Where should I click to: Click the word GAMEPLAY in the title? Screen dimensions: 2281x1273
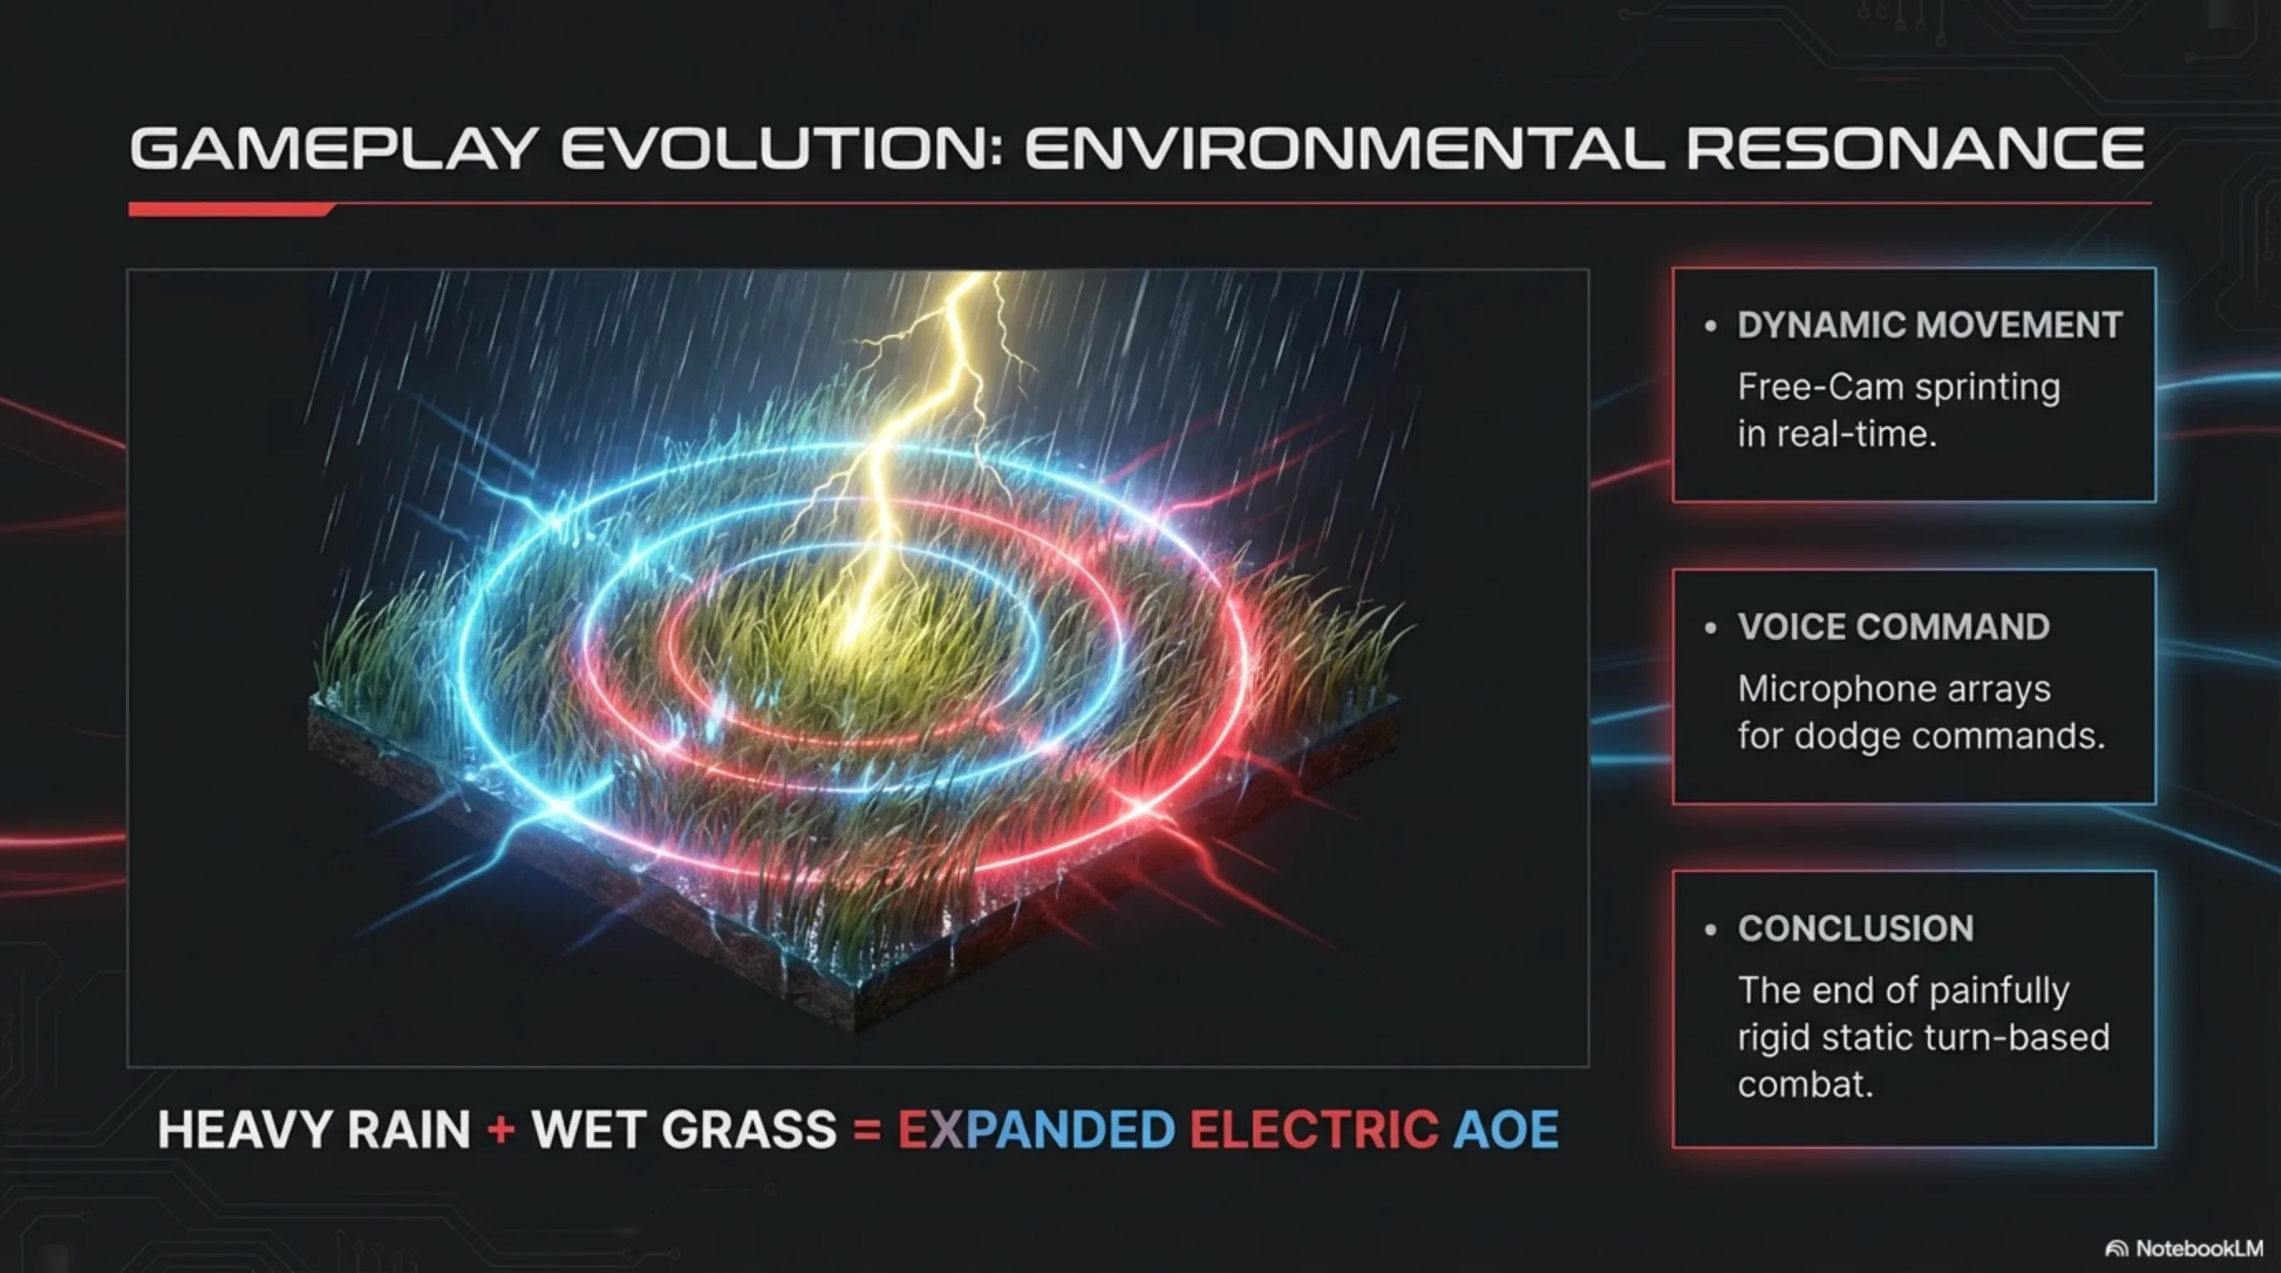(x=334, y=148)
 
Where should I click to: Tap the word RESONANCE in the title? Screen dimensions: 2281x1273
(x=1915, y=148)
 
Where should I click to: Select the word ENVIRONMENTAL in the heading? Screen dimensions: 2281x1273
(x=1344, y=148)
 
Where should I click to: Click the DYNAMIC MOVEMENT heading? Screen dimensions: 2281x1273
(x=1930, y=325)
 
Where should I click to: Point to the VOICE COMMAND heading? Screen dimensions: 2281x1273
(x=1893, y=627)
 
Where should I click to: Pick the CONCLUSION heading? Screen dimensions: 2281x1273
(x=1855, y=928)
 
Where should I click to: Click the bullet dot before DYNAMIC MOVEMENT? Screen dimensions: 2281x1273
(x=1711, y=327)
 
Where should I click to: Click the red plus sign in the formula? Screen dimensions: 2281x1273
(x=501, y=1130)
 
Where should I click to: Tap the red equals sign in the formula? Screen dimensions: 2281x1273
(x=867, y=1130)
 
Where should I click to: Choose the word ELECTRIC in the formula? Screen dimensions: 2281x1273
(x=1313, y=1130)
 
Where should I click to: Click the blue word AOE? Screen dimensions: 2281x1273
(x=1506, y=1130)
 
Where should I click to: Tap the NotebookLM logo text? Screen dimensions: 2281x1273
(x=2200, y=1248)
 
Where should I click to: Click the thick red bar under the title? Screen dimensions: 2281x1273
(x=230, y=209)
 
